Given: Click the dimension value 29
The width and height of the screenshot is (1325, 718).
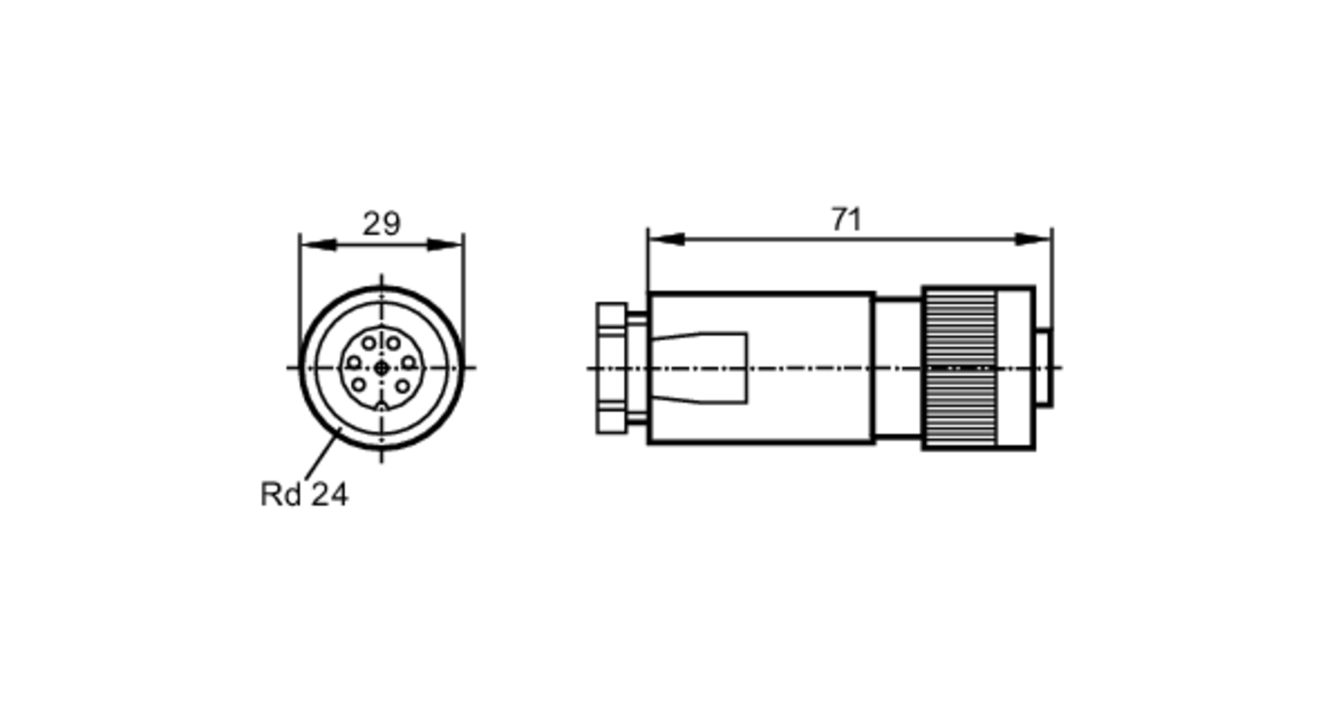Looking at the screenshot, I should (381, 224).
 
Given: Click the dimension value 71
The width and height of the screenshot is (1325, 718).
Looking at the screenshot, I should (846, 220).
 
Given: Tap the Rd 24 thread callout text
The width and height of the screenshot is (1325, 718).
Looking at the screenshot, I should (303, 494).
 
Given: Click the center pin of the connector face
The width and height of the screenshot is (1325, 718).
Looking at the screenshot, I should (381, 368).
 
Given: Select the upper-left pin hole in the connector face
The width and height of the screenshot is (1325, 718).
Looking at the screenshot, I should (369, 343).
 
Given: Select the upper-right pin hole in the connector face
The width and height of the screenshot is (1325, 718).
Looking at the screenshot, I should (394, 343).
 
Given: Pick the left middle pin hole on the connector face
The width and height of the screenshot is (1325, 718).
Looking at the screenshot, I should (354, 362).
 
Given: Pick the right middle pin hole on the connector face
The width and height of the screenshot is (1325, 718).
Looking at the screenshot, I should (409, 362).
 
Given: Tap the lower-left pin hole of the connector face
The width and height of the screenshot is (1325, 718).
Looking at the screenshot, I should (358, 384).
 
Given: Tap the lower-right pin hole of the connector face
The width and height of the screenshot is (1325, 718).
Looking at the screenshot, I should (403, 385).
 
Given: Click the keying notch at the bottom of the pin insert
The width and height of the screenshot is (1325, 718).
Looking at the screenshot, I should (381, 407).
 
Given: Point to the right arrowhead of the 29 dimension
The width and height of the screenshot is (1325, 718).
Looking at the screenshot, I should (445, 245).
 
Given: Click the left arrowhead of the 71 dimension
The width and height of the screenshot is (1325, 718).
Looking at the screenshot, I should (666, 239).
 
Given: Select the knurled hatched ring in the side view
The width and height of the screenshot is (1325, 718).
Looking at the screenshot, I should (961, 368).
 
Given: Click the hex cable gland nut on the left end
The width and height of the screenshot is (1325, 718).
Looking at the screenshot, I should (611, 368).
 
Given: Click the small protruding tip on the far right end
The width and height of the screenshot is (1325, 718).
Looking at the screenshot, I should (1043, 368).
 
